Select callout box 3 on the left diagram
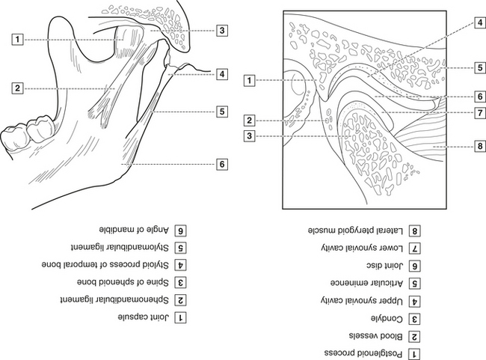(x=222, y=31)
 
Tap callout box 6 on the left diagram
(x=222, y=163)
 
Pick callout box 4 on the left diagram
(x=222, y=74)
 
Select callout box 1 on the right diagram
(x=250, y=79)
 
